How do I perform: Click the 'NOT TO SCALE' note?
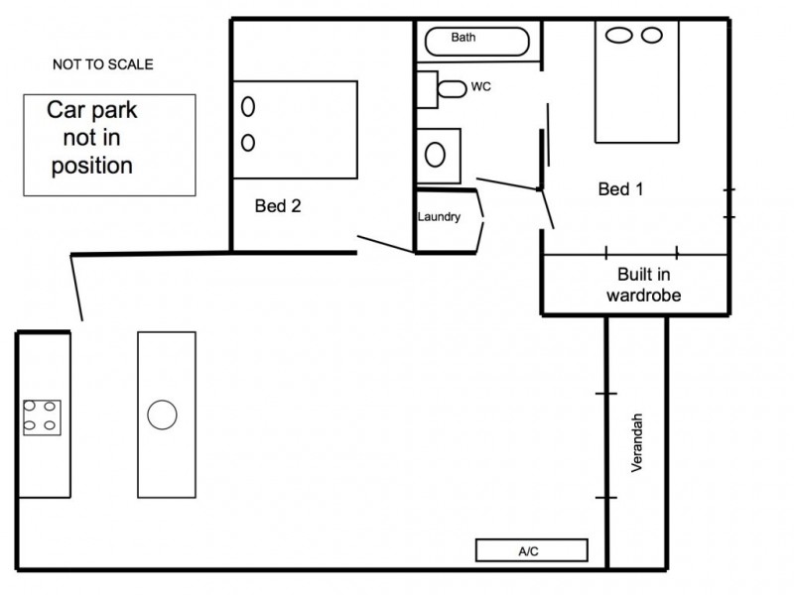click(x=104, y=65)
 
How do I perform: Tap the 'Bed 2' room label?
click(x=278, y=206)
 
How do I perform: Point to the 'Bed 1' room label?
click(x=620, y=189)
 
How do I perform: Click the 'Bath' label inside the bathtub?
click(x=463, y=38)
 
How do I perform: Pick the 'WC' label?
click(x=480, y=87)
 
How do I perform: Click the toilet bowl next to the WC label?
click(x=453, y=88)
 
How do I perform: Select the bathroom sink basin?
click(x=436, y=154)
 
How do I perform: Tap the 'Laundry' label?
click(x=439, y=217)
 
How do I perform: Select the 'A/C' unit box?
click(x=532, y=549)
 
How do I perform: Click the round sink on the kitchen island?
click(x=162, y=414)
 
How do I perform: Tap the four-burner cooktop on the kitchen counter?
click(x=42, y=416)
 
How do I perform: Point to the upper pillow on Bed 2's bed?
click(x=248, y=103)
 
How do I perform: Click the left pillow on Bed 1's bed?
click(x=620, y=36)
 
